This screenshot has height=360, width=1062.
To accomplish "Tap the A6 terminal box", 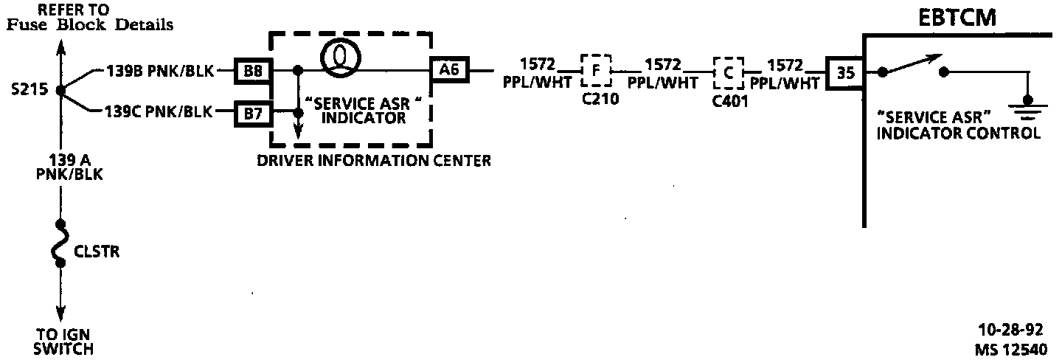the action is tap(449, 71).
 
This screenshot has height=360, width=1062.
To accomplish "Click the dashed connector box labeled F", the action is tap(596, 71).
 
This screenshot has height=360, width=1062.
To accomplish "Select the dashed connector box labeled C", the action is tap(728, 71).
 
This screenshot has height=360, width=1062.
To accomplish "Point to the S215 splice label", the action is tap(30, 91).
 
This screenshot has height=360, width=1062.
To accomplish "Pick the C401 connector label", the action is tap(731, 102).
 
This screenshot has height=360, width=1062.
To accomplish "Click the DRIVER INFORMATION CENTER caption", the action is tap(374, 160).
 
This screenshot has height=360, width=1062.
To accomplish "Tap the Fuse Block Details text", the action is tap(90, 25).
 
